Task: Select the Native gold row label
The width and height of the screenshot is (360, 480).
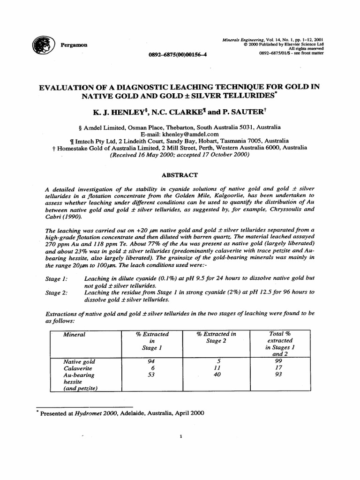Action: pyautogui.click(x=79, y=362)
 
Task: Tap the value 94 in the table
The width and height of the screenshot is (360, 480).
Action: pyautogui.click(x=150, y=362)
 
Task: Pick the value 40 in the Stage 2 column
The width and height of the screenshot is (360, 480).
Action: pyautogui.click(x=217, y=375)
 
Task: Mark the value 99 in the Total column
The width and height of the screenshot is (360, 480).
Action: pyautogui.click(x=279, y=361)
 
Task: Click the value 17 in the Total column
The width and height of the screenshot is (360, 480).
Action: pyautogui.click(x=279, y=368)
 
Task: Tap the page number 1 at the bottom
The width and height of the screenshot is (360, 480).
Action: pyautogui.click(x=180, y=437)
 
